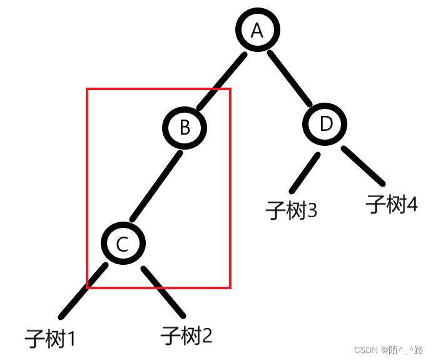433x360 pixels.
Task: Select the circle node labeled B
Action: tap(185, 127)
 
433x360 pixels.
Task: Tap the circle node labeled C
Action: tap(123, 244)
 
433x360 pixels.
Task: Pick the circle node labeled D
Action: tap(326, 124)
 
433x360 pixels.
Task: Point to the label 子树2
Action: tap(186, 336)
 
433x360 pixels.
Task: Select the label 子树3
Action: tap(292, 210)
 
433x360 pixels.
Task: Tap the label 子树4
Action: tap(392, 204)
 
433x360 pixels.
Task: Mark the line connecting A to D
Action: tap(291, 78)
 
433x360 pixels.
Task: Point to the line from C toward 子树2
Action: tap(163, 291)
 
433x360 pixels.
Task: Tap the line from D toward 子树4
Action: tap(364, 166)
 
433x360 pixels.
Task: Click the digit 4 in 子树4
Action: tap(411, 204)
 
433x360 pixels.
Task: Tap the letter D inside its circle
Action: tap(326, 124)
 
